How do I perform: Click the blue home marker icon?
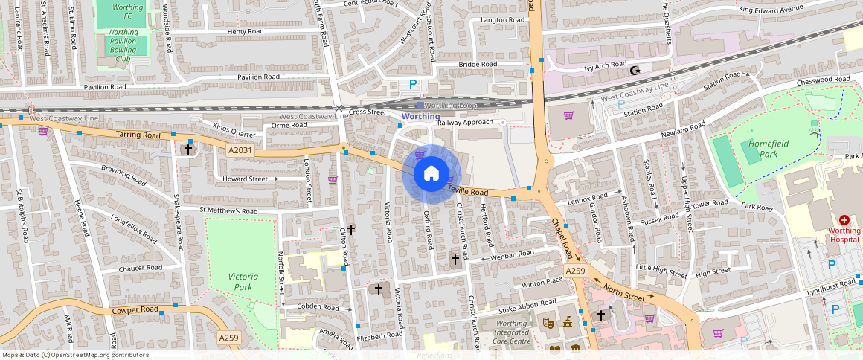pos(431,175)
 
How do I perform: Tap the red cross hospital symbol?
pos(844,220)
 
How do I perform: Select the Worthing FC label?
pos(123,11)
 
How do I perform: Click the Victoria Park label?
pos(243,281)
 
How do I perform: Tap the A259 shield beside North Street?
pos(575,272)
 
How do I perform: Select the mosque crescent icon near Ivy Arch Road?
pos(635,71)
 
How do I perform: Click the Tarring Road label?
pos(138,135)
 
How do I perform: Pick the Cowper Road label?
pos(135,309)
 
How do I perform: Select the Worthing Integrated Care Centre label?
pos(512,332)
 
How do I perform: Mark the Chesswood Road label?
pos(822,79)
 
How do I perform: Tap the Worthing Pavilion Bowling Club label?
pos(123,45)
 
